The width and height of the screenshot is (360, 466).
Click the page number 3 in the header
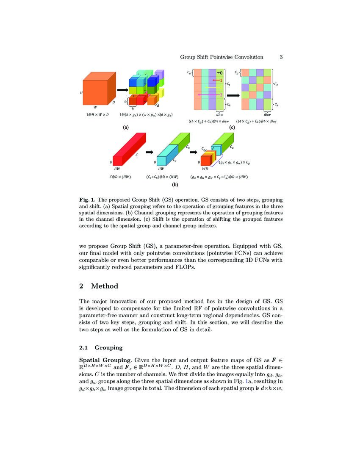click(x=281, y=57)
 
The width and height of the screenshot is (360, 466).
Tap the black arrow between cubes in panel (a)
click(x=122, y=90)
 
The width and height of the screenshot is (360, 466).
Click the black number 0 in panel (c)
click(x=221, y=72)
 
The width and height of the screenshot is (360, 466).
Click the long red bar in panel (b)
click(x=129, y=148)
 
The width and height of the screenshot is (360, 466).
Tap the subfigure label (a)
click(x=126, y=127)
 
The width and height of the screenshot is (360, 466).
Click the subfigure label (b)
click(x=174, y=185)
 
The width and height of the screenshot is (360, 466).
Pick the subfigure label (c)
click(x=232, y=127)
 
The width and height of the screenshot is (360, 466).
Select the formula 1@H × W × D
click(x=97, y=115)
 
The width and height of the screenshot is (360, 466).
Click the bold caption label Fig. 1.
click(x=88, y=200)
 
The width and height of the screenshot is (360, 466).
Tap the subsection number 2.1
click(x=84, y=348)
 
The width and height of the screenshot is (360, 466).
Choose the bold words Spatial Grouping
click(x=105, y=360)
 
